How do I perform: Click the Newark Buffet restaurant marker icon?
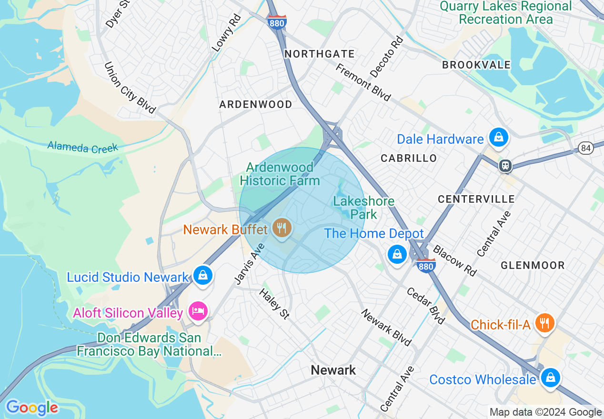(282, 228)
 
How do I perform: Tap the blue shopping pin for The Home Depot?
(396, 254)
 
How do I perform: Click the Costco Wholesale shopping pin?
(550, 378)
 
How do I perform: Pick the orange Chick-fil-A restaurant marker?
(544, 323)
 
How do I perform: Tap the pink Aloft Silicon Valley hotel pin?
(198, 311)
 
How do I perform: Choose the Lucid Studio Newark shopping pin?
(203, 276)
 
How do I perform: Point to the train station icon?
(505, 166)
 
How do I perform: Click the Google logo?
(32, 408)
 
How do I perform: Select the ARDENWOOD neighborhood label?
(256, 104)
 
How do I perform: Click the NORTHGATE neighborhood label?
(320, 54)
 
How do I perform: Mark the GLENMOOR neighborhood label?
(533, 265)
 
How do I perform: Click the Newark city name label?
(333, 370)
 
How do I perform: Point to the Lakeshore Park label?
(364, 208)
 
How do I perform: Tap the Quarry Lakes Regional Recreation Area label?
(505, 13)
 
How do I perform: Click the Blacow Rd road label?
(454, 260)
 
